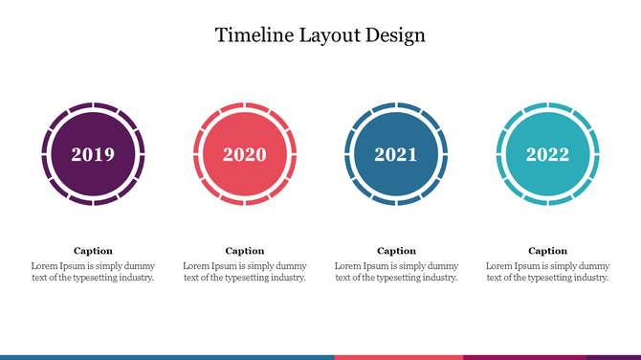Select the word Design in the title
pyautogui.click(x=392, y=35)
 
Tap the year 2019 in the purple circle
pyautogui.click(x=93, y=154)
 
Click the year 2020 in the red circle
pyautogui.click(x=245, y=154)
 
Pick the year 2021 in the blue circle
pyautogui.click(x=396, y=154)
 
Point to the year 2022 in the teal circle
pyautogui.click(x=547, y=154)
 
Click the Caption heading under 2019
pyautogui.click(x=93, y=251)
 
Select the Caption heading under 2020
pyautogui.click(x=245, y=251)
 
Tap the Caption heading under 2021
pyautogui.click(x=396, y=251)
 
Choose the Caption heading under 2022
pyautogui.click(x=547, y=251)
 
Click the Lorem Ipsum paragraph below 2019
pyautogui.click(x=93, y=272)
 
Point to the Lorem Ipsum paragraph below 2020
pyautogui.click(x=245, y=272)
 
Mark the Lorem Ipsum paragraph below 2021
pyautogui.click(x=396, y=272)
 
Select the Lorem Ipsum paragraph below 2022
pyautogui.click(x=547, y=272)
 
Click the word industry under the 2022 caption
pyautogui.click(x=587, y=278)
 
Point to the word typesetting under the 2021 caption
pyautogui.click(x=399, y=278)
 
